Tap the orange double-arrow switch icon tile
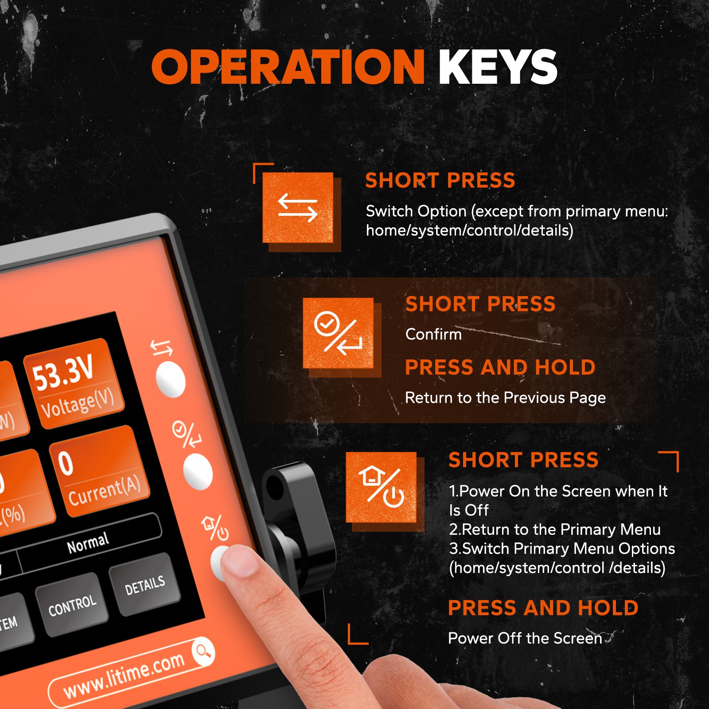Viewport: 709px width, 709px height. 298,207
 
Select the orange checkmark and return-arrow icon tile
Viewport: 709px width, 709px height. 338,333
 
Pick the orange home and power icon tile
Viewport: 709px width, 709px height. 381,487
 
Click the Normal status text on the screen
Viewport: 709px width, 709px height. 88,543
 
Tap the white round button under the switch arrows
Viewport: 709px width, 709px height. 171,379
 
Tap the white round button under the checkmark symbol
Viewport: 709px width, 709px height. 198,471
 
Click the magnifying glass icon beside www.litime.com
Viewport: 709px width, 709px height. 203,651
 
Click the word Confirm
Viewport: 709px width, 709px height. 433,334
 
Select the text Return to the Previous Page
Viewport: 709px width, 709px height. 505,398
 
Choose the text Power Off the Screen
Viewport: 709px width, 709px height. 525,638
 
